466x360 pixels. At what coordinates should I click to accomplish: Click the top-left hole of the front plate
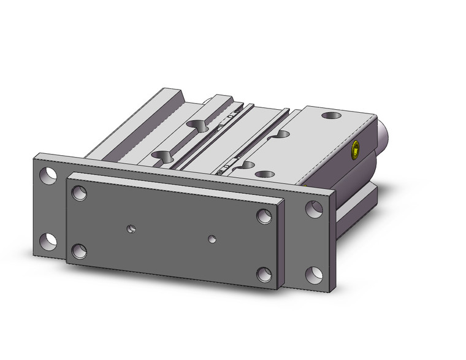(78, 194)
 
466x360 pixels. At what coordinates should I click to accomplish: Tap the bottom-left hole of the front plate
(78, 250)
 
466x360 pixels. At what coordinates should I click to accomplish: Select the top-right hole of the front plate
(264, 216)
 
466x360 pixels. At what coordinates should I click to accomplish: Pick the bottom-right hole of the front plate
(264, 274)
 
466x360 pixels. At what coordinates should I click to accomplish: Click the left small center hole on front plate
(131, 229)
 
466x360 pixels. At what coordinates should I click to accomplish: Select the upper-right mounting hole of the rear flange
(313, 209)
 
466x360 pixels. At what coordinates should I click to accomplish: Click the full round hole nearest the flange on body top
(264, 174)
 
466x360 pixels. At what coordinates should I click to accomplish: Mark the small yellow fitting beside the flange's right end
(305, 183)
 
